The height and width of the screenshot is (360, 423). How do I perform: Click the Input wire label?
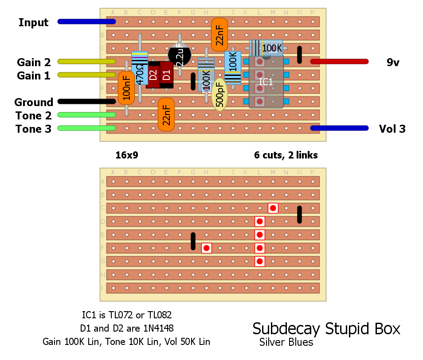[x=33, y=22]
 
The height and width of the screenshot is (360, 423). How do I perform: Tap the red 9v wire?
[x=339, y=62]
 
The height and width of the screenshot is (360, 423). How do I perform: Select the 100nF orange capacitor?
[x=126, y=88]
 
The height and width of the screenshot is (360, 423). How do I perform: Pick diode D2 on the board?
[x=153, y=75]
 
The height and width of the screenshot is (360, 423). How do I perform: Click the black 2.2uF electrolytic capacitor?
[x=180, y=55]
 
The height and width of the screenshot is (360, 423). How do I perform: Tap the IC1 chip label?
[x=266, y=82]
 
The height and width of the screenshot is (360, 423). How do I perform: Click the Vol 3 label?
[x=392, y=129]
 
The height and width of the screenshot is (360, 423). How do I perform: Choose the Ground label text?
[x=34, y=103]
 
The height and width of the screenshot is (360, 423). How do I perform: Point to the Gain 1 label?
[x=34, y=76]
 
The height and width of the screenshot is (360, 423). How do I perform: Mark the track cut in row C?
[x=273, y=208]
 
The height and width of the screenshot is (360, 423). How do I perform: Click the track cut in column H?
[x=207, y=248]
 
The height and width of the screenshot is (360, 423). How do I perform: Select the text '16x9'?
[x=127, y=155]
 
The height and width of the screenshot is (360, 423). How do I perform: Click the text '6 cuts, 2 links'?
[x=286, y=155]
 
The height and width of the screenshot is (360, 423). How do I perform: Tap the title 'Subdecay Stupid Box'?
[x=326, y=329]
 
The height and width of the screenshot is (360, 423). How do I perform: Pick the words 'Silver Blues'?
[x=286, y=342]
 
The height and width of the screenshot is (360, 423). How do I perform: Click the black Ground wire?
[x=86, y=102]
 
